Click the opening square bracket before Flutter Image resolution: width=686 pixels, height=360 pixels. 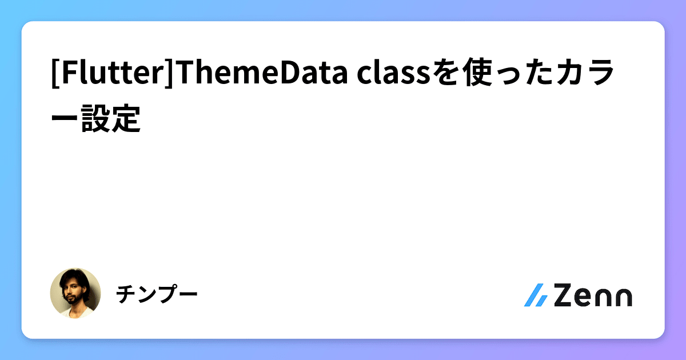[x=55, y=75]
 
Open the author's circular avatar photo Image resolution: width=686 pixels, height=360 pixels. [x=75, y=294]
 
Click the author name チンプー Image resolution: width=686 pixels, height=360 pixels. [x=157, y=295]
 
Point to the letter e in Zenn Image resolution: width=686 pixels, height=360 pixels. [x=585, y=297]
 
